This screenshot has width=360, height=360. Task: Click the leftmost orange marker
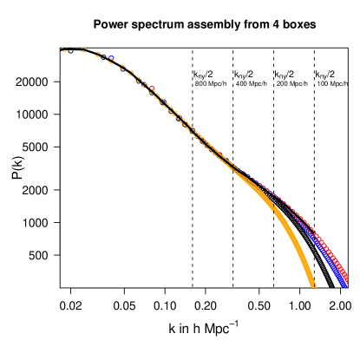(64, 50)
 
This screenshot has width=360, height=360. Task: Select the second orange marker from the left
(83, 50)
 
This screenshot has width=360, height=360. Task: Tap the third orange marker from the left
(98, 55)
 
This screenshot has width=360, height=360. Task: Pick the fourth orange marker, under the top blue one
(111, 61)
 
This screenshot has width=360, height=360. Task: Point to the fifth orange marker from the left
(121, 67)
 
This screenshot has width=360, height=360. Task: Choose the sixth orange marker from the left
(131, 73)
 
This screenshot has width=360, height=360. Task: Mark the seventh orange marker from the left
(138, 79)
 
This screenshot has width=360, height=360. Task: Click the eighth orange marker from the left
(145, 85)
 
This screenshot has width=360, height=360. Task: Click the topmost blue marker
(111, 58)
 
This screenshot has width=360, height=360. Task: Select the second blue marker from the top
(161, 101)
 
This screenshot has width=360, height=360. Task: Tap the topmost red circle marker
(152, 88)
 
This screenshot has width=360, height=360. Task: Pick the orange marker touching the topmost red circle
(151, 90)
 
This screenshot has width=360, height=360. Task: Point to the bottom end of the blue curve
(344, 284)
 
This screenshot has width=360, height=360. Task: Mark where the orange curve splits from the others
(232, 168)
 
